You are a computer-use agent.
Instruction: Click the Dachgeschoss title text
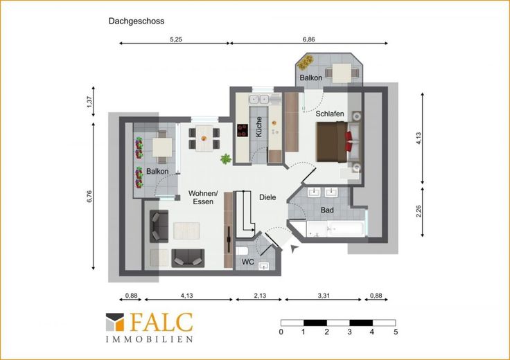pyautogui.click(x=137, y=21)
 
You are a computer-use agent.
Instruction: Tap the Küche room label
pyautogui.click(x=259, y=127)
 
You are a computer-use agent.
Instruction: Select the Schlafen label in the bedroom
pyautogui.click(x=330, y=114)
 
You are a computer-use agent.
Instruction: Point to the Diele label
pyautogui.click(x=267, y=197)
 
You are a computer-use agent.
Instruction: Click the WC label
pyautogui.click(x=248, y=262)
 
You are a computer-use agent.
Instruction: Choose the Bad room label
pyautogui.click(x=327, y=210)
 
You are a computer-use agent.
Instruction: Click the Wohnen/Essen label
pyautogui.click(x=203, y=197)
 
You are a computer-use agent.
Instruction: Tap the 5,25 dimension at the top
pyautogui.click(x=176, y=39)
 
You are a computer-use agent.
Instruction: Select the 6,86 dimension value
pyautogui.click(x=308, y=39)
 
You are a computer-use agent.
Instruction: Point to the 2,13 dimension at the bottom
pyautogui.click(x=260, y=296)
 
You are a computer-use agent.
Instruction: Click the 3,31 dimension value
pyautogui.click(x=324, y=296)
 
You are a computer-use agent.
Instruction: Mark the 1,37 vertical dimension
pyautogui.click(x=89, y=102)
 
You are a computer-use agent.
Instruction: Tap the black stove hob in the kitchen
pyautogui.click(x=243, y=130)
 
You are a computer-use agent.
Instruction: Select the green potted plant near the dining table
pyautogui.click(x=226, y=159)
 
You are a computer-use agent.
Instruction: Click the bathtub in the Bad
pyautogui.click(x=335, y=229)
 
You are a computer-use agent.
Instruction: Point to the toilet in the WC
pyautogui.click(x=242, y=251)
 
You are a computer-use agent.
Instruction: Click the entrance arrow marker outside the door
pyautogui.click(x=294, y=249)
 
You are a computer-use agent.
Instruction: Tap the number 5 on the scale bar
pyautogui.click(x=396, y=332)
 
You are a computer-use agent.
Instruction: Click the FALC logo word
pyautogui.click(x=161, y=322)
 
